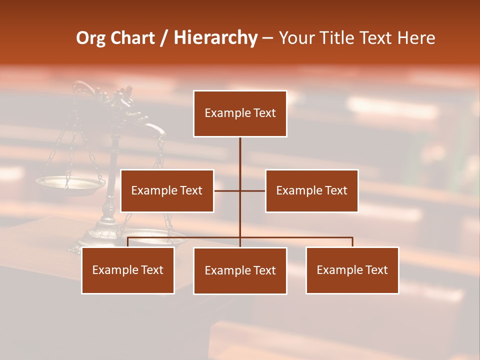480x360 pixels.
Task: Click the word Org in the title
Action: [x=91, y=38]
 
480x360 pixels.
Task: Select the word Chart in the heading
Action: [x=132, y=38]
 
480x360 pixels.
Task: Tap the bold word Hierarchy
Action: [x=215, y=38]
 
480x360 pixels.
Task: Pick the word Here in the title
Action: [x=416, y=38]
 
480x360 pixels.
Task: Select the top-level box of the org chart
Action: [x=240, y=113]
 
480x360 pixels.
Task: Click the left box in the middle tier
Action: [x=167, y=190]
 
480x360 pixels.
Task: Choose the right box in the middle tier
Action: [x=311, y=190]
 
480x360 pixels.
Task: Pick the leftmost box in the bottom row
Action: [x=127, y=270]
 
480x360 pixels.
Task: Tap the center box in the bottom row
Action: [x=240, y=270]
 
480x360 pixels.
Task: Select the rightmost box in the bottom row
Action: [x=352, y=270]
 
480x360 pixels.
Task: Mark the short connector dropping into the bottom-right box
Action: [x=352, y=242]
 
